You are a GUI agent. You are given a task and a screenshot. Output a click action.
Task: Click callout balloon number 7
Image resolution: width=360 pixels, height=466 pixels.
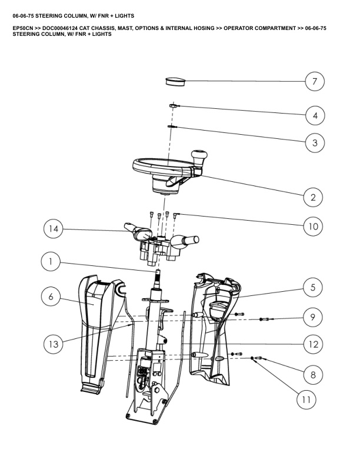click(315, 82)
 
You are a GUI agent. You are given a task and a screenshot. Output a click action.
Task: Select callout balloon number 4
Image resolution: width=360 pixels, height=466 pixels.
click(315, 115)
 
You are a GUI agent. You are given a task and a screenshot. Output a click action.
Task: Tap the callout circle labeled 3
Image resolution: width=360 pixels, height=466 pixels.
click(315, 142)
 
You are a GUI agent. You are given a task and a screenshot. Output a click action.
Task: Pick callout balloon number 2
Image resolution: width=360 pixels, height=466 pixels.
click(313, 197)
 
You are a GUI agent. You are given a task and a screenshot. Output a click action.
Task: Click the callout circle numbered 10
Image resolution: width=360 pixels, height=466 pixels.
click(313, 225)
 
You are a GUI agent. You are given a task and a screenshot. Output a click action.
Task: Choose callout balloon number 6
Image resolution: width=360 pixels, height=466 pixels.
click(51, 297)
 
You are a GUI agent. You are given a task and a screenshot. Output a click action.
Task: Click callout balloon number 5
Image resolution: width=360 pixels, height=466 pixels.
click(313, 287)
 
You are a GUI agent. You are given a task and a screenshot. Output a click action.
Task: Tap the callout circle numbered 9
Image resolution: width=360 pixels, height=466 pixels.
click(313, 317)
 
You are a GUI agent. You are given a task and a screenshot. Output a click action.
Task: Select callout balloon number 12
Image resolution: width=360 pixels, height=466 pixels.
click(313, 344)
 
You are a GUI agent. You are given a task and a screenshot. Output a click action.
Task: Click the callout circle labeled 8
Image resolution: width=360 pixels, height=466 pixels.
click(313, 374)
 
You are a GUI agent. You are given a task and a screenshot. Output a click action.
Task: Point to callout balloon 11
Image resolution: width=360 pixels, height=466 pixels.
click(306, 400)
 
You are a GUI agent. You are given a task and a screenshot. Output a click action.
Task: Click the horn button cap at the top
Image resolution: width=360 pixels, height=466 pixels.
click(174, 80)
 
